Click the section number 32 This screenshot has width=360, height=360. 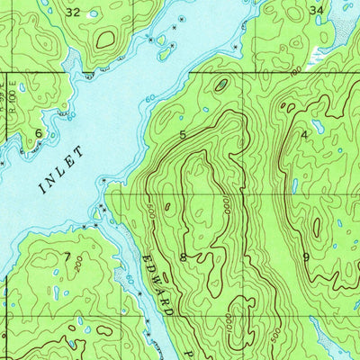(x=74, y=12)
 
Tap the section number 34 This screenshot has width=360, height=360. (x=315, y=10)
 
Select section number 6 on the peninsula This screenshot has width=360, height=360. (x=38, y=132)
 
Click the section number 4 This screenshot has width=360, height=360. (x=305, y=134)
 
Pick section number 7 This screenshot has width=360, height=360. (x=66, y=256)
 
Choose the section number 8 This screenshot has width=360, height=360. (x=183, y=256)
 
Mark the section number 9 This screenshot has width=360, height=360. (x=306, y=256)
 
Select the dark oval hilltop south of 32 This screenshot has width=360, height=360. (x=106, y=39)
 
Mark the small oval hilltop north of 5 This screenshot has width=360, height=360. (x=221, y=85)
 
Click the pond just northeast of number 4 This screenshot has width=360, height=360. (x=317, y=126)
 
